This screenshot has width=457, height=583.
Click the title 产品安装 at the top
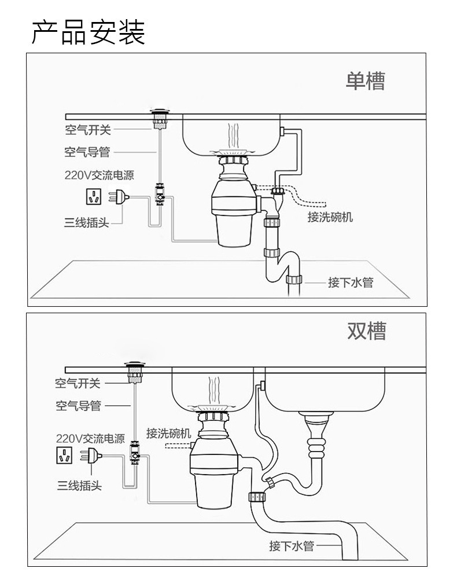[x=88, y=32]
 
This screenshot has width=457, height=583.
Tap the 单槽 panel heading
[x=365, y=80]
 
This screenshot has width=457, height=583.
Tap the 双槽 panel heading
[x=366, y=331]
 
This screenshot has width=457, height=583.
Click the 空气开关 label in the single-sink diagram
[x=88, y=130]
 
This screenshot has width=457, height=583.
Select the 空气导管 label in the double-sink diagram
[x=79, y=405]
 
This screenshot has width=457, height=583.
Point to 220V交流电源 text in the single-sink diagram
[x=99, y=175]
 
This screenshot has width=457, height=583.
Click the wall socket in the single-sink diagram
[x=94, y=196]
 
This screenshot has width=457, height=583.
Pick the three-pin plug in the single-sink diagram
[x=119, y=197]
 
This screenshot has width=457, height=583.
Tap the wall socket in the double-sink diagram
[x=64, y=455]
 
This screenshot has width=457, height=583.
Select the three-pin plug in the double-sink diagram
[x=91, y=455]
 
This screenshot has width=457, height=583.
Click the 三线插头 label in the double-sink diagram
[x=79, y=485]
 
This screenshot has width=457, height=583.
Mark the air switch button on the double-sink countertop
[x=135, y=372]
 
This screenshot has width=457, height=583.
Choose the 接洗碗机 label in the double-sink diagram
[x=169, y=433]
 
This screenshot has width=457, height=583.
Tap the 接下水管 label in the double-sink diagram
[x=292, y=546]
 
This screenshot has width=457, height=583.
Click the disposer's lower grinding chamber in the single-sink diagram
[x=234, y=230]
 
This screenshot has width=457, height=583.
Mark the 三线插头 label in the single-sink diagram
[x=87, y=222]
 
